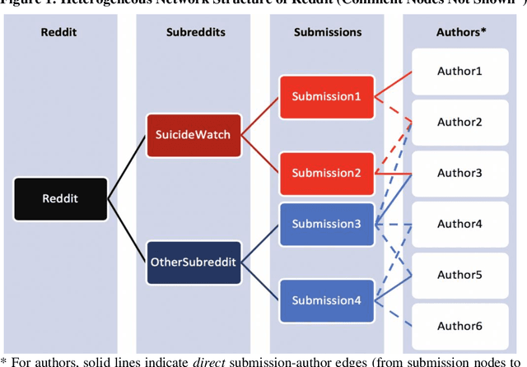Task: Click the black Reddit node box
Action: (x=60, y=198)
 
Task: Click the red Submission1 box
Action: (x=326, y=96)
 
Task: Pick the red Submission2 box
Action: (x=326, y=173)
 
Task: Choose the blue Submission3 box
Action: (x=326, y=224)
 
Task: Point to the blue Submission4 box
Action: (x=326, y=300)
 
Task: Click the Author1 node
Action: (x=459, y=71)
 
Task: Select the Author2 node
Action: (x=459, y=122)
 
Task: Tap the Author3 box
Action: (x=459, y=173)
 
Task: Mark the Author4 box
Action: (x=459, y=224)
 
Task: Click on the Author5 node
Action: (x=459, y=275)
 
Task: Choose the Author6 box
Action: (x=459, y=326)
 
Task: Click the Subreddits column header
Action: (x=193, y=32)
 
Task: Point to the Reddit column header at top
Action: (x=60, y=32)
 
